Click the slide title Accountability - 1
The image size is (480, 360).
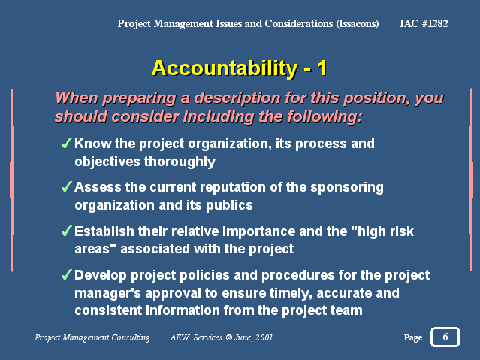click(x=240, y=68)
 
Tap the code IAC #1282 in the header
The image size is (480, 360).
click(x=424, y=23)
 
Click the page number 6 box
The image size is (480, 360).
click(x=445, y=337)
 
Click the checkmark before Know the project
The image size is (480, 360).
click(x=66, y=143)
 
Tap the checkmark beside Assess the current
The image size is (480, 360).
click(x=66, y=186)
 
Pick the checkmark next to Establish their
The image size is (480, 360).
click(x=66, y=231)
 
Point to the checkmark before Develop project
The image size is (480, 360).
click(x=66, y=274)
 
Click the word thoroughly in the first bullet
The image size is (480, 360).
click(x=180, y=162)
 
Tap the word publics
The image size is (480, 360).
click(x=229, y=205)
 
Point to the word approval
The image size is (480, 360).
click(x=173, y=293)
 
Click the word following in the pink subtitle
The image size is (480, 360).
click(x=325, y=117)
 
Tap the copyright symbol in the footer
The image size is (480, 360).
click(x=228, y=337)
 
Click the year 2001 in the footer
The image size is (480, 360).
click(x=264, y=337)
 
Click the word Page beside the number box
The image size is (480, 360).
click(x=413, y=337)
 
